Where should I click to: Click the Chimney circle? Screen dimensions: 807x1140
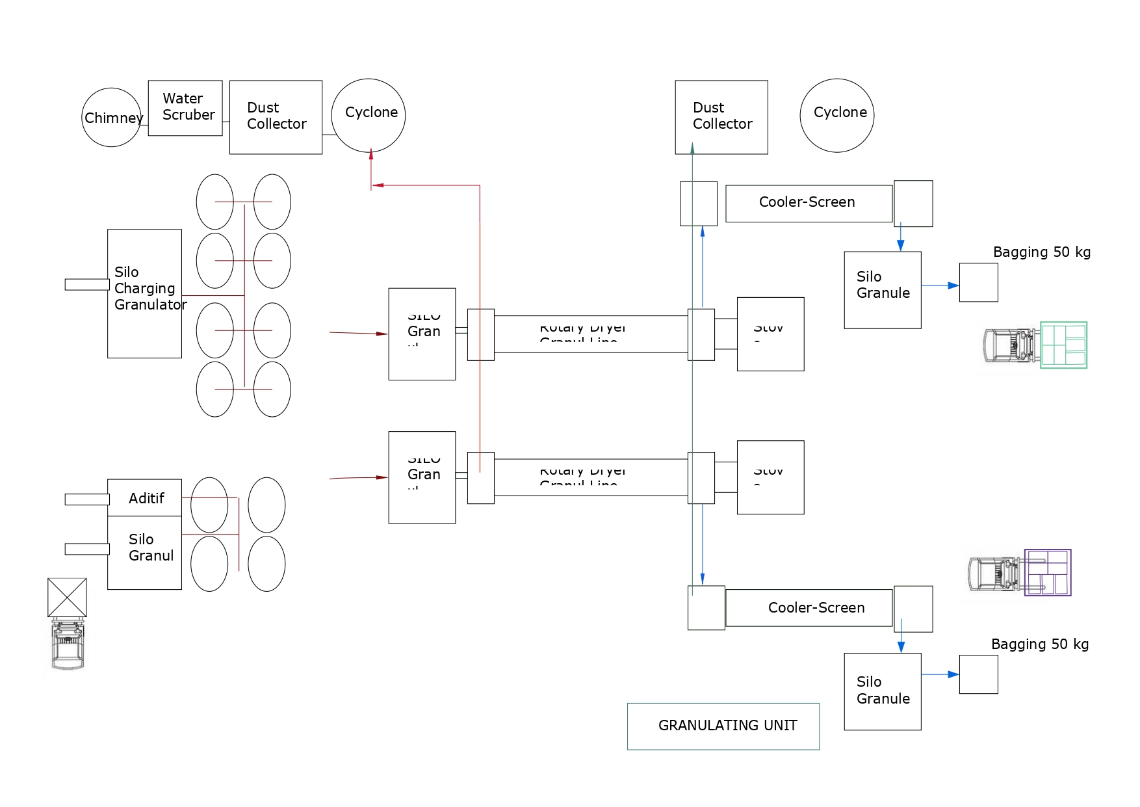pos(111,118)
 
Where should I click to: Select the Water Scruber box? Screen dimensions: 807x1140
pos(185,108)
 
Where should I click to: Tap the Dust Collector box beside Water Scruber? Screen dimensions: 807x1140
pos(276,117)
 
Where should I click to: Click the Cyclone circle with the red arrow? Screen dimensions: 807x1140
pos(369,116)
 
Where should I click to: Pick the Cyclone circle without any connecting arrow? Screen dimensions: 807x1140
pos(837,116)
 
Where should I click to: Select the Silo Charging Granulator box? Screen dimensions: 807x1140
pos(144,293)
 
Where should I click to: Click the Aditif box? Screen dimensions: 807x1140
pos(144,498)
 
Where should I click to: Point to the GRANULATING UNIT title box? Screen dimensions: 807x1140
pos(723,726)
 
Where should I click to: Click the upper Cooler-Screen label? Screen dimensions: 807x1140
pos(807,202)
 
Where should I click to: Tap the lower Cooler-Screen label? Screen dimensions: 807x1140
pos(816,608)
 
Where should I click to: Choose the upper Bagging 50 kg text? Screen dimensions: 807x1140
pos(1042,252)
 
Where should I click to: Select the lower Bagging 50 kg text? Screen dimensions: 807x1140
pos(1040,644)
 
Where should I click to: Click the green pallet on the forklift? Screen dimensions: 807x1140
pos(1064,345)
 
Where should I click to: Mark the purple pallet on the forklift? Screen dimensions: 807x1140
pos(1048,573)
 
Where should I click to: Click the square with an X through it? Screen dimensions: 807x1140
pos(67,598)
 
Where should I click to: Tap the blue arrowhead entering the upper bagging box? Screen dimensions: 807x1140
pos(954,285)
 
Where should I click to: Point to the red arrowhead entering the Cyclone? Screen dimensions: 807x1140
pos(371,155)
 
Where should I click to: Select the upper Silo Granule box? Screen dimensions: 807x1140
pos(883,290)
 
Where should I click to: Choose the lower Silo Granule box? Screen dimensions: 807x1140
pos(883,692)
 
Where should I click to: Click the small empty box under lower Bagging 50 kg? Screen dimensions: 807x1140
pos(979,675)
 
